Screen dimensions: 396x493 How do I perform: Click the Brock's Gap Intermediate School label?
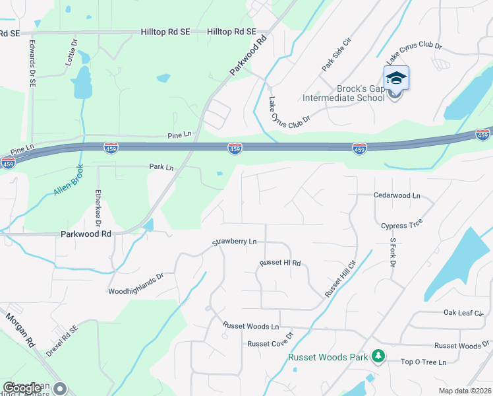tap(343, 92)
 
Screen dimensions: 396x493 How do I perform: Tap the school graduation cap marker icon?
tap(396, 79)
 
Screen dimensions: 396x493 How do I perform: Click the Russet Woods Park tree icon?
tap(378, 357)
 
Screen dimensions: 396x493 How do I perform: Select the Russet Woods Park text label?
tap(328, 357)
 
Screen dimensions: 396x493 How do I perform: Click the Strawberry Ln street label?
tap(234, 242)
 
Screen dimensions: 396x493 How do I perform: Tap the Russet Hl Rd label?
tap(280, 263)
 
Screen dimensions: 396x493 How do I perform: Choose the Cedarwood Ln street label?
tap(397, 196)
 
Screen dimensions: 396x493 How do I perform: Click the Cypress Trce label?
tap(401, 225)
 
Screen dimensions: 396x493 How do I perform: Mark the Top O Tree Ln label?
tap(424, 362)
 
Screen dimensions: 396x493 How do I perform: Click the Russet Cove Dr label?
tap(270, 343)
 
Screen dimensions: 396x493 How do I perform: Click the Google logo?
tap(21, 389)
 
